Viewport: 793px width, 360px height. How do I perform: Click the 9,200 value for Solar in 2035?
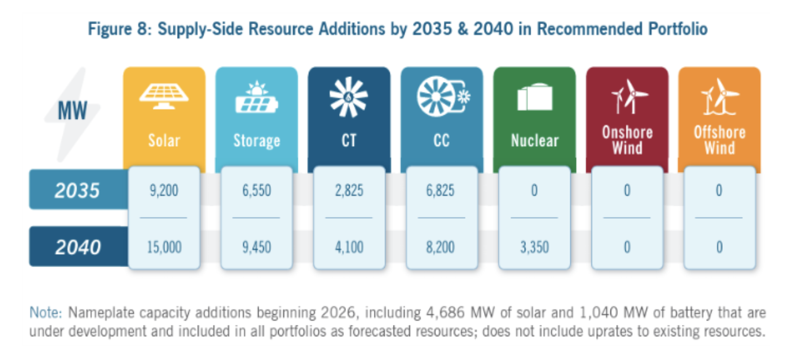click(x=163, y=190)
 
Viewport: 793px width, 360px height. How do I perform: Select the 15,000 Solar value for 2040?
click(x=163, y=247)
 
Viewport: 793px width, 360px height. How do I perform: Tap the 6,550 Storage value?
click(x=257, y=190)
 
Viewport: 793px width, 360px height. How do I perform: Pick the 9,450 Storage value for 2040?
click(x=257, y=247)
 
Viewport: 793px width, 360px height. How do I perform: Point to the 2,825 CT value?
click(x=348, y=190)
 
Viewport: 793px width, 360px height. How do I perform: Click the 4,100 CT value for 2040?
click(x=348, y=247)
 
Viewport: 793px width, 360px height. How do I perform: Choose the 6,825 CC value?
click(x=441, y=190)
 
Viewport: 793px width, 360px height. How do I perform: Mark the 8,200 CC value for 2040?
click(x=441, y=247)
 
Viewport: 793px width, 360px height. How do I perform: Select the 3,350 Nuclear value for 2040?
click(x=534, y=247)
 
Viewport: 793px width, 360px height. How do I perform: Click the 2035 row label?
click(x=77, y=190)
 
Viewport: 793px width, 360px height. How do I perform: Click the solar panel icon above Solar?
click(x=163, y=97)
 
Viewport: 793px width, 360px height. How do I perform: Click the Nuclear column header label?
click(x=534, y=141)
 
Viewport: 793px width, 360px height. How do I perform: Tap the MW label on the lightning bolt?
click(x=73, y=111)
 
